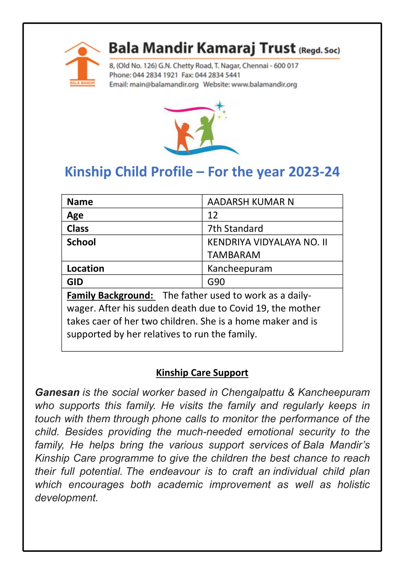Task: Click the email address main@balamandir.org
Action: pos(164,84)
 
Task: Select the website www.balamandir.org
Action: pos(264,84)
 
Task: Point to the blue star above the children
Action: pos(219,105)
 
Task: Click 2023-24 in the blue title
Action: pos(314,172)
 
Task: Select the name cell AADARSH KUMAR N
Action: pos(250,202)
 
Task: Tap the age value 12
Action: pos(213,215)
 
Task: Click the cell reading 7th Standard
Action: pos(235,228)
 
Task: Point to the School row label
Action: pos(81,242)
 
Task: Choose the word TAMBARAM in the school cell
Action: pos(234,255)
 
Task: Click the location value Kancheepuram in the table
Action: pos(239,268)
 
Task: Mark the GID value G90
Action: pos(216,282)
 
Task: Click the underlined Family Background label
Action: pos(110,295)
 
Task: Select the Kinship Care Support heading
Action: pos(202,373)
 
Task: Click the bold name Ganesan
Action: pos(57,392)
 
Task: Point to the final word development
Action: pos(66,498)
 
